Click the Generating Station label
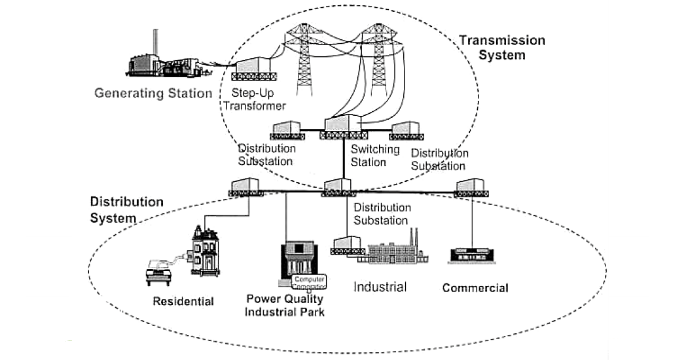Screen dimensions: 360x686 point(153,93)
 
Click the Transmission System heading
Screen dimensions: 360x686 point(501,48)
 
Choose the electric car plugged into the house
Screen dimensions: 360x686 point(159,271)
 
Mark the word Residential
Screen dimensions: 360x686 point(183,302)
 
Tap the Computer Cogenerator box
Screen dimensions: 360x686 point(308,281)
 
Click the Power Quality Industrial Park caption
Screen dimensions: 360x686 point(285,305)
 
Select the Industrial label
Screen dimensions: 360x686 point(380,287)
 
